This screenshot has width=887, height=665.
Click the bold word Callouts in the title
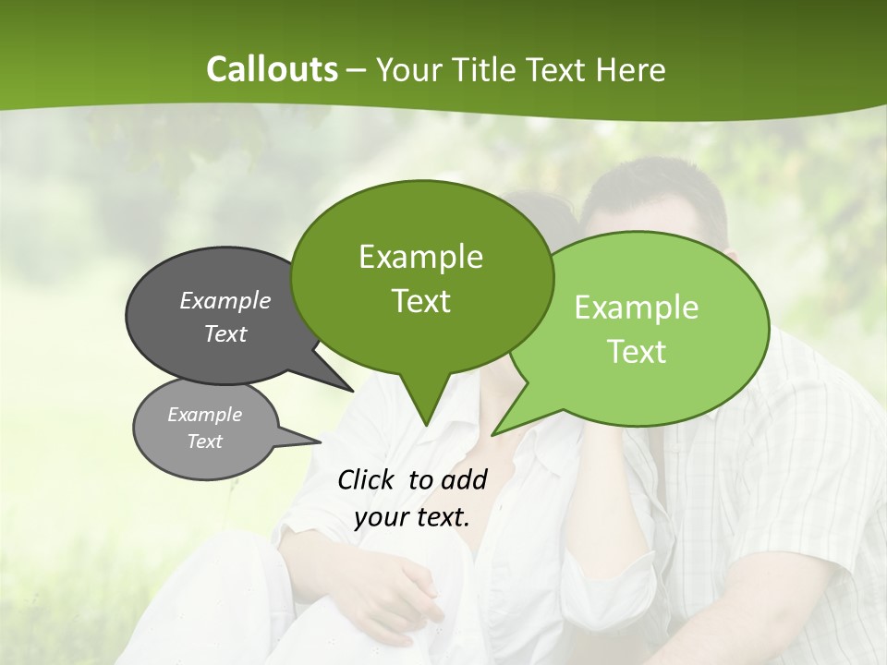point(272,69)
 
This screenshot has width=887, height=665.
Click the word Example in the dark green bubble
point(420,257)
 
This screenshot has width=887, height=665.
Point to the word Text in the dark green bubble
point(420,301)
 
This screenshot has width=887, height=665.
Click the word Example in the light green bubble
point(637,308)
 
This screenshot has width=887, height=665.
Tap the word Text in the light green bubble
point(637,352)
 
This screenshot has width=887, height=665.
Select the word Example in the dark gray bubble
point(225,300)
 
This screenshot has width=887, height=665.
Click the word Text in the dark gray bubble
point(225,333)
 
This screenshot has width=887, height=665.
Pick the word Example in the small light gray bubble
point(204,415)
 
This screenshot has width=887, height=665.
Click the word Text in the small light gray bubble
point(204,441)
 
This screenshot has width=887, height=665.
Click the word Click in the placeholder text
point(367,479)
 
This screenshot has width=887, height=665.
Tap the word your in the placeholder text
point(382,517)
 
